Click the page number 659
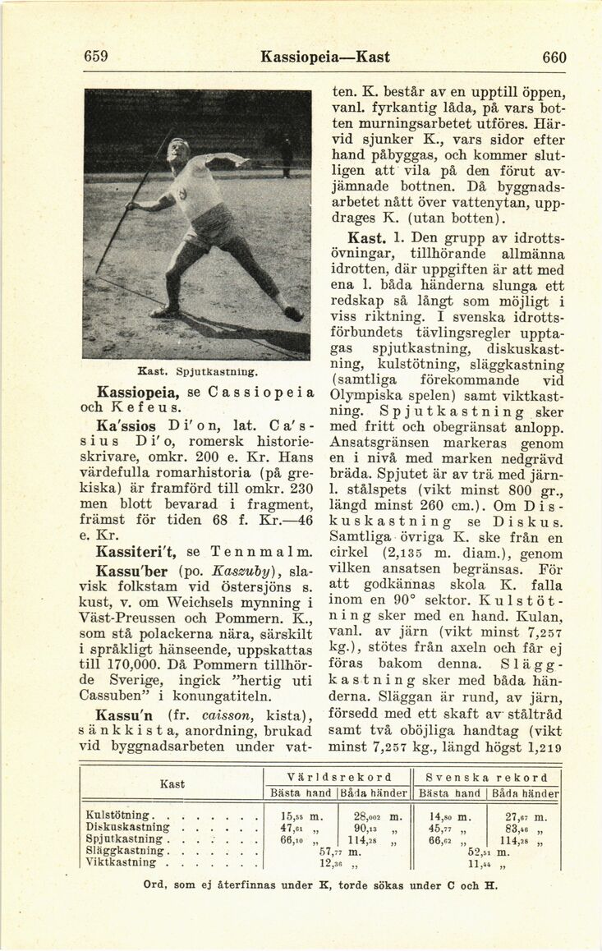pyautogui.click(x=96, y=57)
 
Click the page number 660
pyautogui.click(x=554, y=57)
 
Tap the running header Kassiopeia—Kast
pyautogui.click(x=324, y=57)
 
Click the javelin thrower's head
pyautogui.click(x=178, y=151)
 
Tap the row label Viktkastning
pyautogui.click(x=121, y=862)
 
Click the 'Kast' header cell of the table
pyautogui.click(x=172, y=784)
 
